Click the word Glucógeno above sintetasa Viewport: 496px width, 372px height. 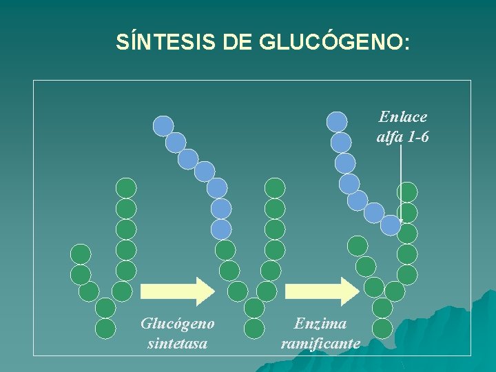click(x=177, y=323)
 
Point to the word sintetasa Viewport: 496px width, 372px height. click(x=177, y=342)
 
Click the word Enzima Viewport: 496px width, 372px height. click(x=320, y=323)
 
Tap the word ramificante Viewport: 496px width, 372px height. click(x=320, y=342)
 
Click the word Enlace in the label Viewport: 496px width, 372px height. click(x=403, y=117)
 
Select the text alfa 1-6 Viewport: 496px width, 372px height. click(x=403, y=136)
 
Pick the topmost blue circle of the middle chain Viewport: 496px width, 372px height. click(x=163, y=125)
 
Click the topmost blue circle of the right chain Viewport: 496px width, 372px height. click(x=337, y=122)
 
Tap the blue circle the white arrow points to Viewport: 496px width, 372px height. click(x=391, y=225)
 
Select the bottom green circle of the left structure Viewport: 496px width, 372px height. click(x=105, y=328)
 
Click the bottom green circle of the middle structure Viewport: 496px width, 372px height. click(x=254, y=328)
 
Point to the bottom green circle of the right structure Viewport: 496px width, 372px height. click(x=382, y=328)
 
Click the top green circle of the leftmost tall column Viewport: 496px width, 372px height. click(x=126, y=188)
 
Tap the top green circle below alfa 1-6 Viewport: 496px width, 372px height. click(x=408, y=192)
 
